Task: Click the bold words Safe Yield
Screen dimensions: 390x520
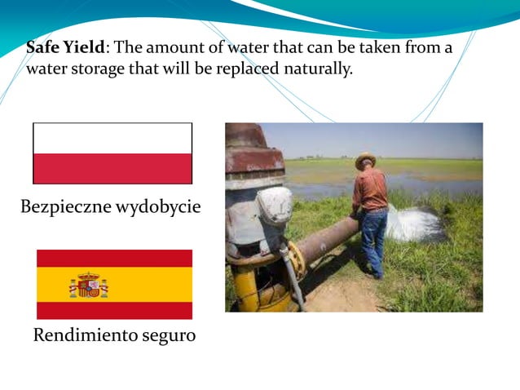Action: pyautogui.click(x=65, y=47)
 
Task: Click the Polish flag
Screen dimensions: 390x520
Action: pyautogui.click(x=112, y=153)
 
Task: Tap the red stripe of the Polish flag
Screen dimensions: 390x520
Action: pyautogui.click(x=112, y=168)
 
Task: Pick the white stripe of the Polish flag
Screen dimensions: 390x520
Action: pyautogui.click(x=112, y=138)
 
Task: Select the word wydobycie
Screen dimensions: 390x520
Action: pyautogui.click(x=160, y=207)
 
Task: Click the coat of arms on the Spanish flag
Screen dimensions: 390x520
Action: pyautogui.click(x=88, y=285)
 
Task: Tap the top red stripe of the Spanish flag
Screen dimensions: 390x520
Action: pyautogui.click(x=114, y=258)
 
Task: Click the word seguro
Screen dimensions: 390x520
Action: pyautogui.click(x=168, y=335)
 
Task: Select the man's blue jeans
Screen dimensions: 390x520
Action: pyautogui.click(x=373, y=237)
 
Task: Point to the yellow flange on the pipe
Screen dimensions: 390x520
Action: pyautogui.click(x=297, y=259)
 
